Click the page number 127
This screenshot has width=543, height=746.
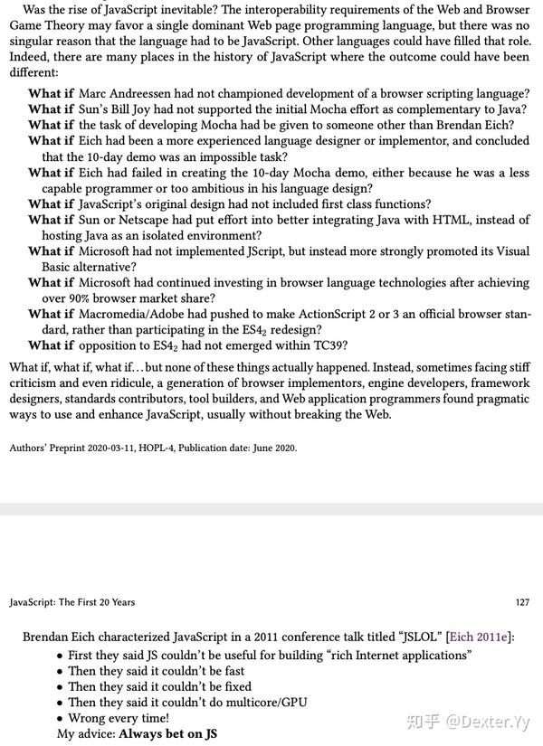521,601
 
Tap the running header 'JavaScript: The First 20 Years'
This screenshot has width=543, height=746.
72,601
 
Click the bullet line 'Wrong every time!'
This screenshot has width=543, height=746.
119,718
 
